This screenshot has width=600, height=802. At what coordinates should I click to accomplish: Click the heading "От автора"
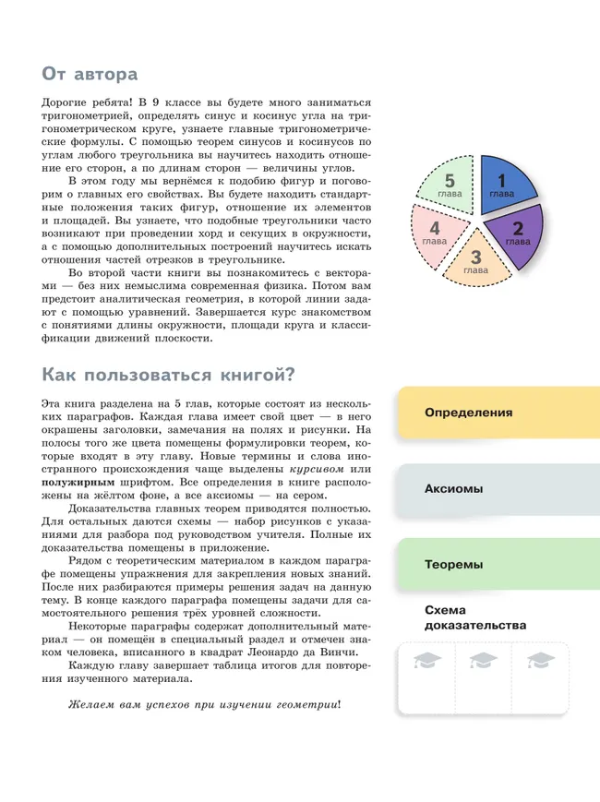(90, 73)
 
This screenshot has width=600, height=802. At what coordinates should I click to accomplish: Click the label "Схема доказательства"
(474, 617)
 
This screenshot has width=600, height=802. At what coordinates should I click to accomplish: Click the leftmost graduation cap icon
(428, 661)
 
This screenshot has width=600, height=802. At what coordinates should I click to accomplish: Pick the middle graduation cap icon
(483, 661)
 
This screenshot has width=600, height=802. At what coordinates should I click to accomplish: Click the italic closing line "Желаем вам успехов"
(138, 705)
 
